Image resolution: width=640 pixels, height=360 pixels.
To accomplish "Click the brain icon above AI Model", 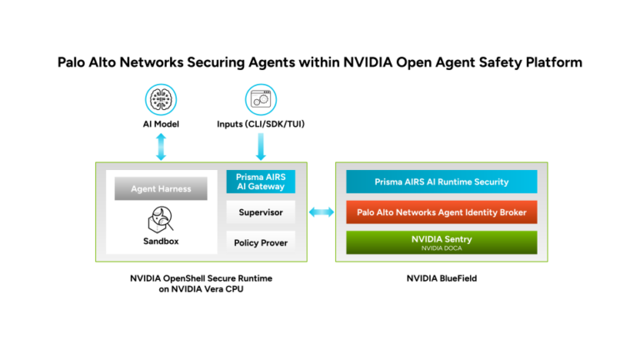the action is click(161, 100).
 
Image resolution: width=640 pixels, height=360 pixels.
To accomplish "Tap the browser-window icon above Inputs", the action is click(261, 100).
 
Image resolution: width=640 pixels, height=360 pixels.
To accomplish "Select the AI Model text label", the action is click(161, 124).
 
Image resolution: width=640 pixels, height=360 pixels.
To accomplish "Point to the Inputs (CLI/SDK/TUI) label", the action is click(261, 124).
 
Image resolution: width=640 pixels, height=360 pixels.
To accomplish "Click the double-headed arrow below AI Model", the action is click(161, 147).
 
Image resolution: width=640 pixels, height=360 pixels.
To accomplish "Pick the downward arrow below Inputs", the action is click(261, 147).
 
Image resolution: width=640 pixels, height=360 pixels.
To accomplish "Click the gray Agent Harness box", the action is click(161, 188).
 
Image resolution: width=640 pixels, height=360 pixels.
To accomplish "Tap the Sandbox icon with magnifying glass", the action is click(160, 220).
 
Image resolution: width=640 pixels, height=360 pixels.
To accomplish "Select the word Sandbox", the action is click(161, 241).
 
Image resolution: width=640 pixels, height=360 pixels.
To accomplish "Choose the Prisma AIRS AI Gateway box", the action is click(261, 182).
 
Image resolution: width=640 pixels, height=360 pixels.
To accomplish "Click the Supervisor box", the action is click(261, 212).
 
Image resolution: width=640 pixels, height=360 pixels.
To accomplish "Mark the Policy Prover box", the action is click(261, 242).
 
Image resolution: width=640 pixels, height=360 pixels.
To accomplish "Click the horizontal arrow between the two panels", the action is click(321, 212).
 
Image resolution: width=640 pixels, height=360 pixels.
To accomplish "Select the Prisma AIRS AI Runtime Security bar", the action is click(442, 182).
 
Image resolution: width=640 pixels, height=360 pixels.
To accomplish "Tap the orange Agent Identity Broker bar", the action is click(442, 212).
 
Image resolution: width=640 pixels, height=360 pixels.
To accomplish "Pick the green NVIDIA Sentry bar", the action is click(442, 242).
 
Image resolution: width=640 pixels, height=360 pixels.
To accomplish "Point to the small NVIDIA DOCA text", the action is click(442, 248).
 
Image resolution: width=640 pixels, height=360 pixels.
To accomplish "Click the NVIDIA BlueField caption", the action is click(442, 278).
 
